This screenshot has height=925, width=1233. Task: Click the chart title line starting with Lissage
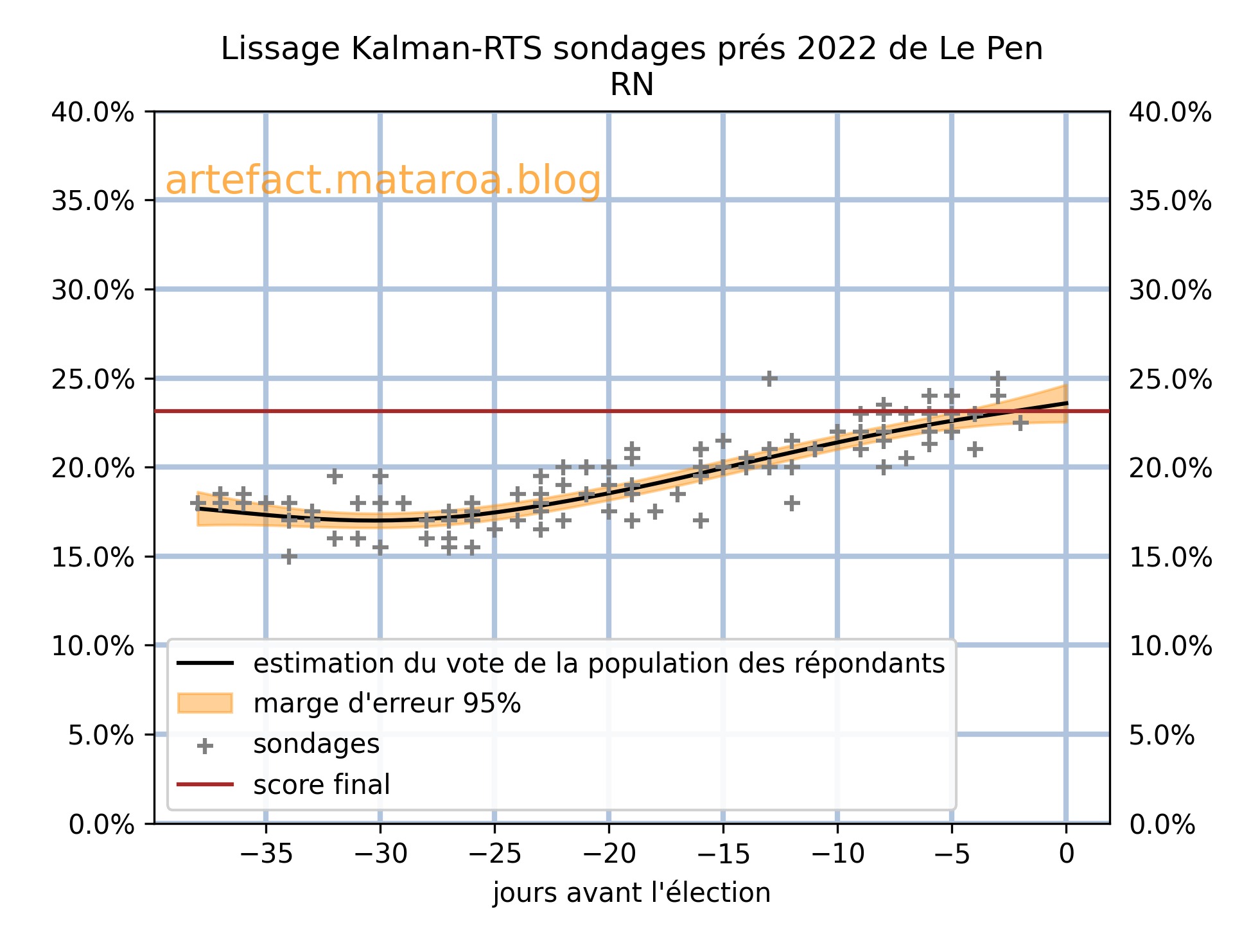click(x=632, y=49)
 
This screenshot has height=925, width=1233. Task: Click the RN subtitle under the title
click(x=632, y=85)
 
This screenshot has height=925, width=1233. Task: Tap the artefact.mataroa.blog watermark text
click(x=383, y=181)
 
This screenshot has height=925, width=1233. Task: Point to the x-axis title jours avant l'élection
click(x=632, y=893)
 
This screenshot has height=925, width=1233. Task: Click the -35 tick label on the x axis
click(x=266, y=854)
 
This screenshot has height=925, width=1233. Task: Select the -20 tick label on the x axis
click(x=609, y=854)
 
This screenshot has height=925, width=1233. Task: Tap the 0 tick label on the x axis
click(x=1066, y=854)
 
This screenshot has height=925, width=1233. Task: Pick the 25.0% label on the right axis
click(x=1170, y=380)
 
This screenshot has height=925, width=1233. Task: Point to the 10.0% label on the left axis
click(x=93, y=646)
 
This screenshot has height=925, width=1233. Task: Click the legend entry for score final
click(x=322, y=784)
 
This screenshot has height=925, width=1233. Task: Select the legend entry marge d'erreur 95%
click(x=387, y=704)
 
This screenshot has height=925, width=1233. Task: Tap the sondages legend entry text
click(x=317, y=744)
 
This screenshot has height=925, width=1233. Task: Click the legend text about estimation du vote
click(x=599, y=664)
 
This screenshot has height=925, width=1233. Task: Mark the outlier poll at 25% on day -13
click(x=769, y=378)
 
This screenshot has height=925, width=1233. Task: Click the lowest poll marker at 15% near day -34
click(x=289, y=556)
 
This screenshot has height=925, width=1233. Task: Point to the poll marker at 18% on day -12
click(x=792, y=503)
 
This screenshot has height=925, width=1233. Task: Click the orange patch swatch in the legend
click(x=205, y=703)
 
